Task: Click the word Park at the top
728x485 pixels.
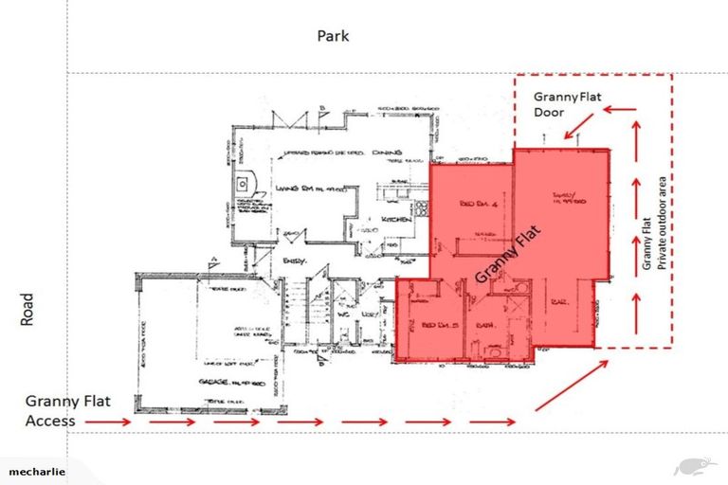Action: (334, 36)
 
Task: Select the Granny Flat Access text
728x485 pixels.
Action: (68, 410)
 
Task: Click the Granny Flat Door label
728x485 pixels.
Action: (566, 104)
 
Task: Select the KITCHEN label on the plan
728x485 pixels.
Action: (394, 219)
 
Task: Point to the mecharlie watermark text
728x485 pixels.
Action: (38, 471)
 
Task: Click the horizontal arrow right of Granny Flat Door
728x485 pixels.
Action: (621, 109)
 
